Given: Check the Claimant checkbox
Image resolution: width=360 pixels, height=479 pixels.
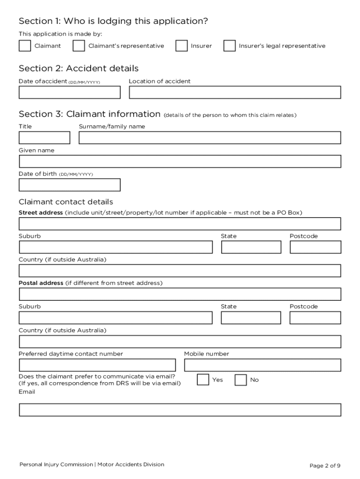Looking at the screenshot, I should [24, 45].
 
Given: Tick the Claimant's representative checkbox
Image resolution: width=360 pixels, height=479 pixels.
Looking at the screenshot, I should [79, 45].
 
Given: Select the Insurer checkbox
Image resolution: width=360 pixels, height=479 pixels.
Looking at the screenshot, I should [181, 45].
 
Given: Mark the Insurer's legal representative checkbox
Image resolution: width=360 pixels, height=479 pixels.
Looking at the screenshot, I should [229, 45].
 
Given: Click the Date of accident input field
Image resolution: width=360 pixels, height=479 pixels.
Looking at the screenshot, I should [69, 92].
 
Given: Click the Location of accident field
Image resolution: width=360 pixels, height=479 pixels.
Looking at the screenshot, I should [235, 92].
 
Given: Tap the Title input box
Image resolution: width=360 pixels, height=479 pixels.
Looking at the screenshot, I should [44, 138].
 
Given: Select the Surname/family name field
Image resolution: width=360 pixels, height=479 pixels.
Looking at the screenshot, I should [210, 138].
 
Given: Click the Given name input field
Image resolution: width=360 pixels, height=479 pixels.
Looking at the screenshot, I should [180, 161].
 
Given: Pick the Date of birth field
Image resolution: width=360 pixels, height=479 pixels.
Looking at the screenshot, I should [69, 185].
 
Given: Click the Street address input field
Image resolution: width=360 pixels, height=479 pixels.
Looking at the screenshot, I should [180, 224].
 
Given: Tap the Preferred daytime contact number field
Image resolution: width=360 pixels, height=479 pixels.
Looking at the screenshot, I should [97, 365].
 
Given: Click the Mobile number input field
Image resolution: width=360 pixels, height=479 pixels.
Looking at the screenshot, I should [262, 365].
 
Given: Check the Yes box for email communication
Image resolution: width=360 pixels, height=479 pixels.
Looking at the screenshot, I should [203, 379].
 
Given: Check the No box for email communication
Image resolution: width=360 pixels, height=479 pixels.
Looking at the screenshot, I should [240, 379].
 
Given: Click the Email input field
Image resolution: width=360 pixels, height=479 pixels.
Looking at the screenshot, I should [180, 410].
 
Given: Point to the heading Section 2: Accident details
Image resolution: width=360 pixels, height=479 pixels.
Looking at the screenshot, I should [79, 68].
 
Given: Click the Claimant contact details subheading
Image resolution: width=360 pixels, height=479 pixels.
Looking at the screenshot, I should [65, 202].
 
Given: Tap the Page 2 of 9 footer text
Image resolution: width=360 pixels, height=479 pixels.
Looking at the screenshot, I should [324, 465].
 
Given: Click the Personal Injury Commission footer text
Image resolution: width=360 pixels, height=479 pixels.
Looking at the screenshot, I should [56, 464].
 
